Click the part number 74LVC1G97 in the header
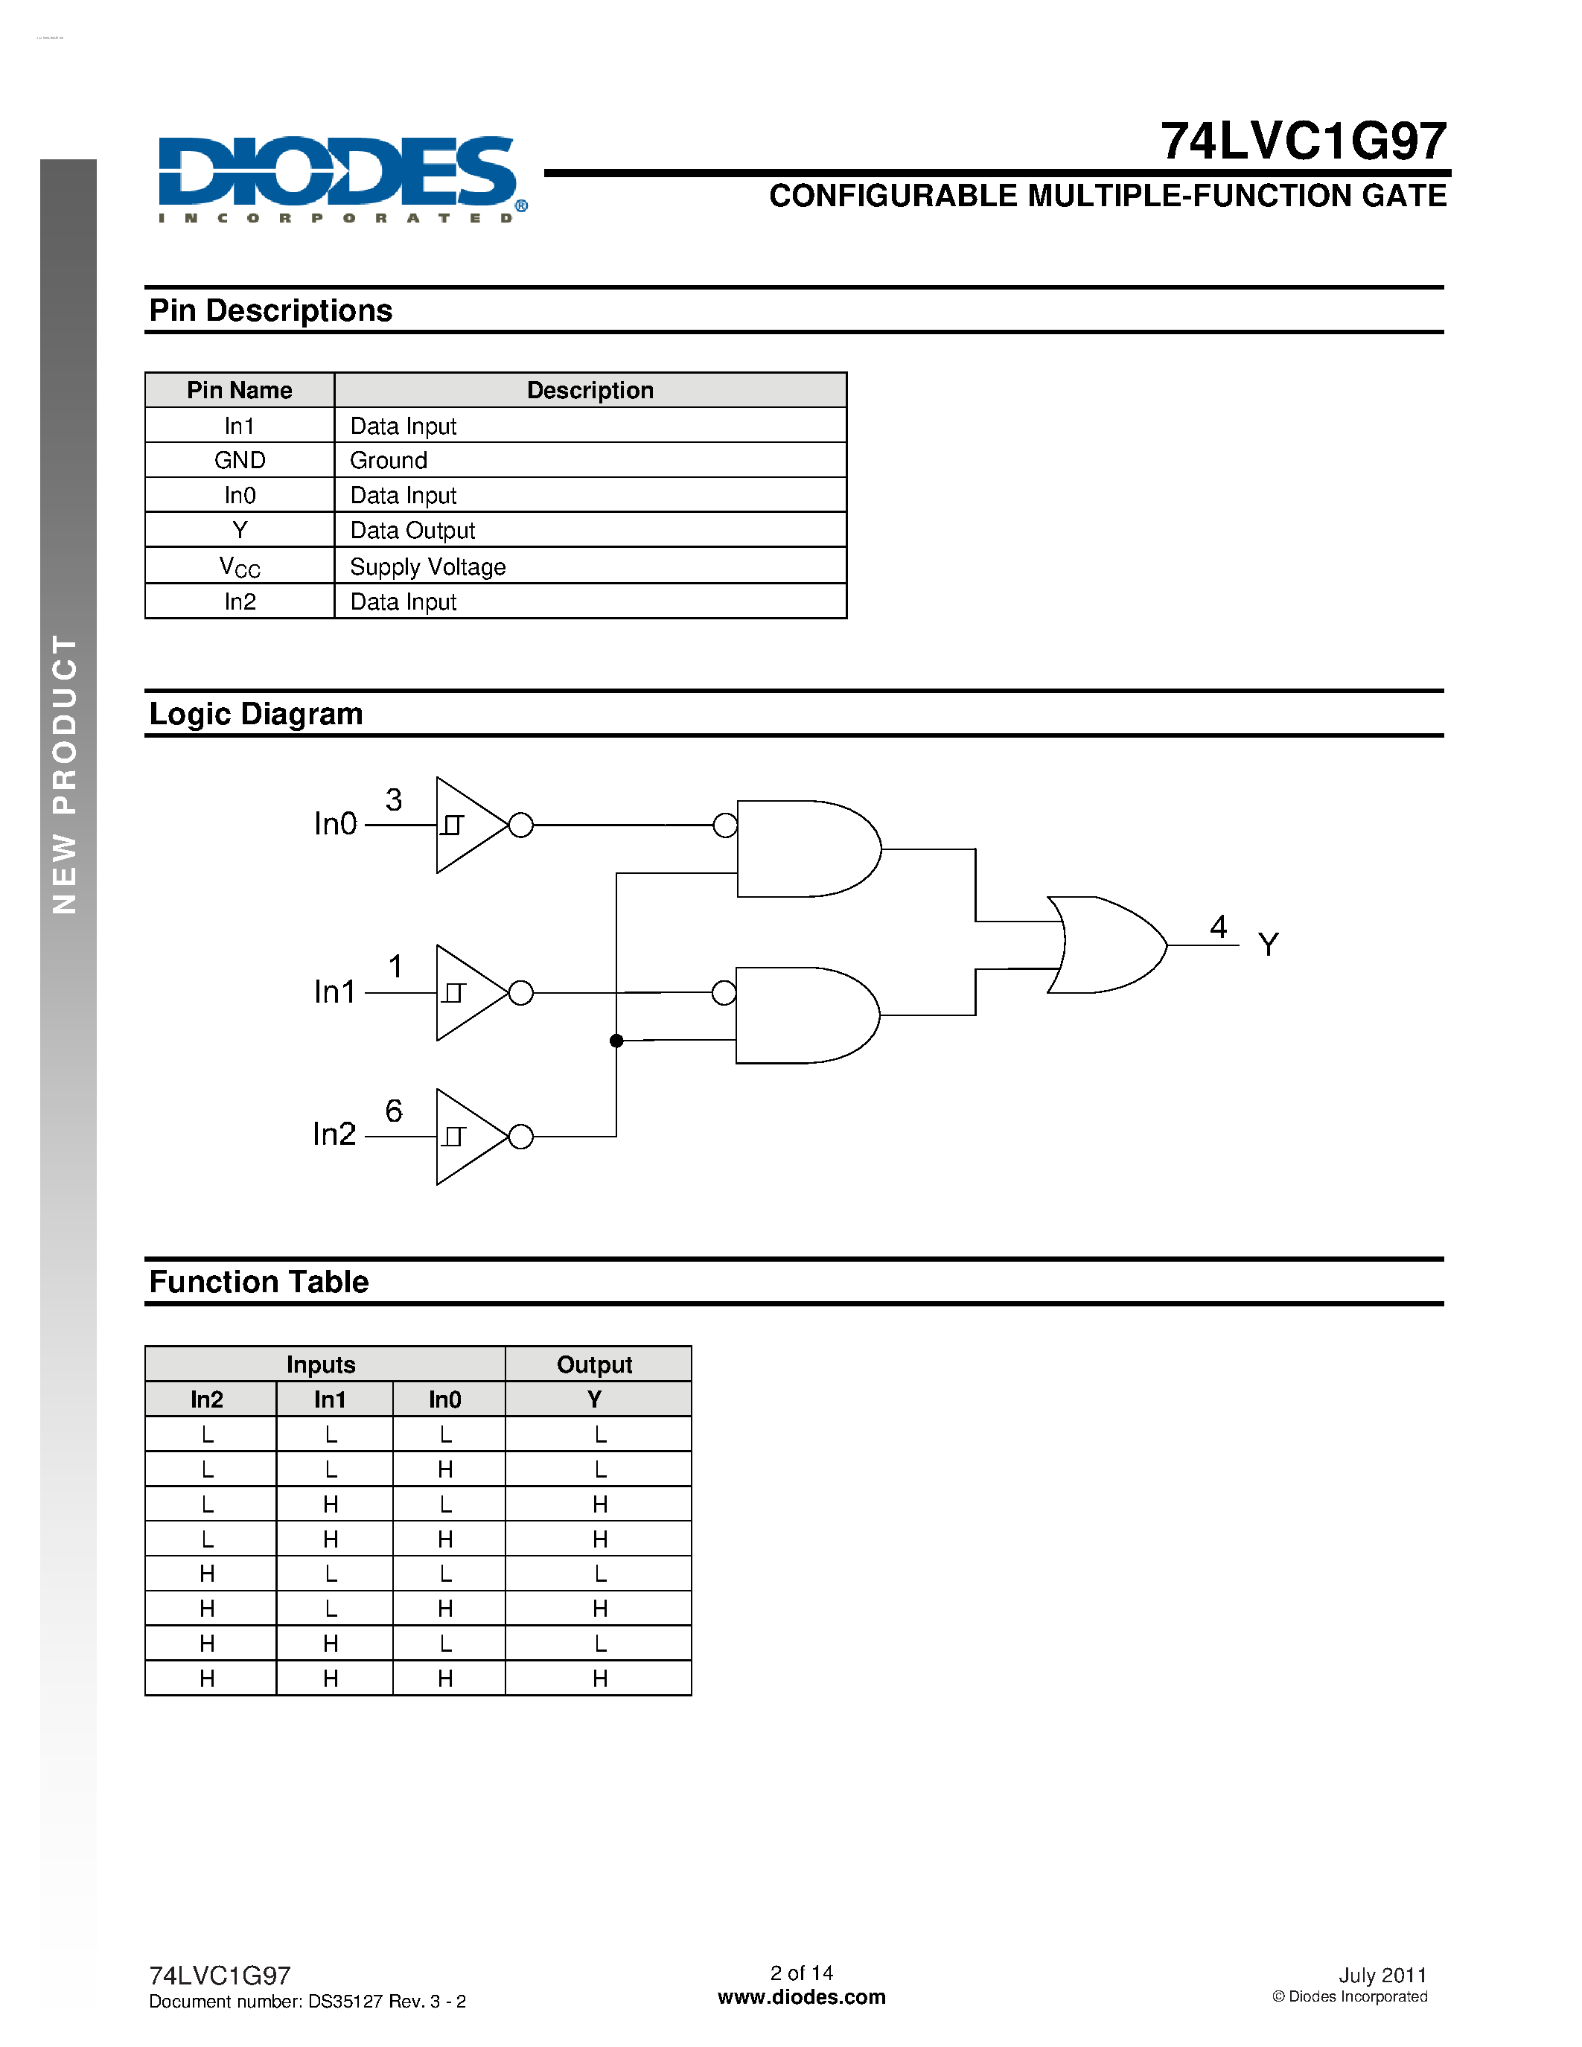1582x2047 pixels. point(1303,141)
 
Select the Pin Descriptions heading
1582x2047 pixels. point(271,310)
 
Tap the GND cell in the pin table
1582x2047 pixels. point(240,460)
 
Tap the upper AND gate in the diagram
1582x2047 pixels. point(806,849)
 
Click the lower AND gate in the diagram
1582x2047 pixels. point(806,1015)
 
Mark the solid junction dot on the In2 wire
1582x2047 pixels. point(616,1041)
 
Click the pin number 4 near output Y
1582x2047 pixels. point(1219,926)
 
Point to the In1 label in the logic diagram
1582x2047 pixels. point(334,991)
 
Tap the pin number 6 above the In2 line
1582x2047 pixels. point(394,1111)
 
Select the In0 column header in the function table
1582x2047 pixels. point(445,1399)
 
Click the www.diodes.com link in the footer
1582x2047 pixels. point(801,1997)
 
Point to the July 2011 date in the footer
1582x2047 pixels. point(1382,1975)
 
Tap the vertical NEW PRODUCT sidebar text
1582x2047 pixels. point(65,773)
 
